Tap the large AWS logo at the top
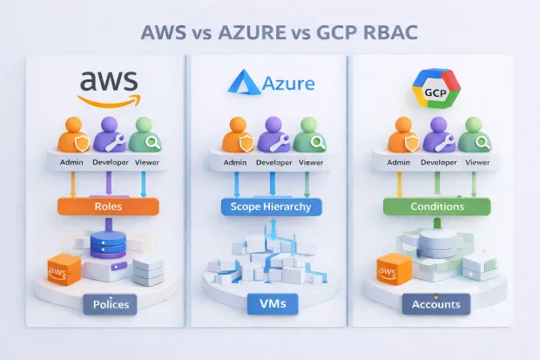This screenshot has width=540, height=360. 108,86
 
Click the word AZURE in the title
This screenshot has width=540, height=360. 252,32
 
